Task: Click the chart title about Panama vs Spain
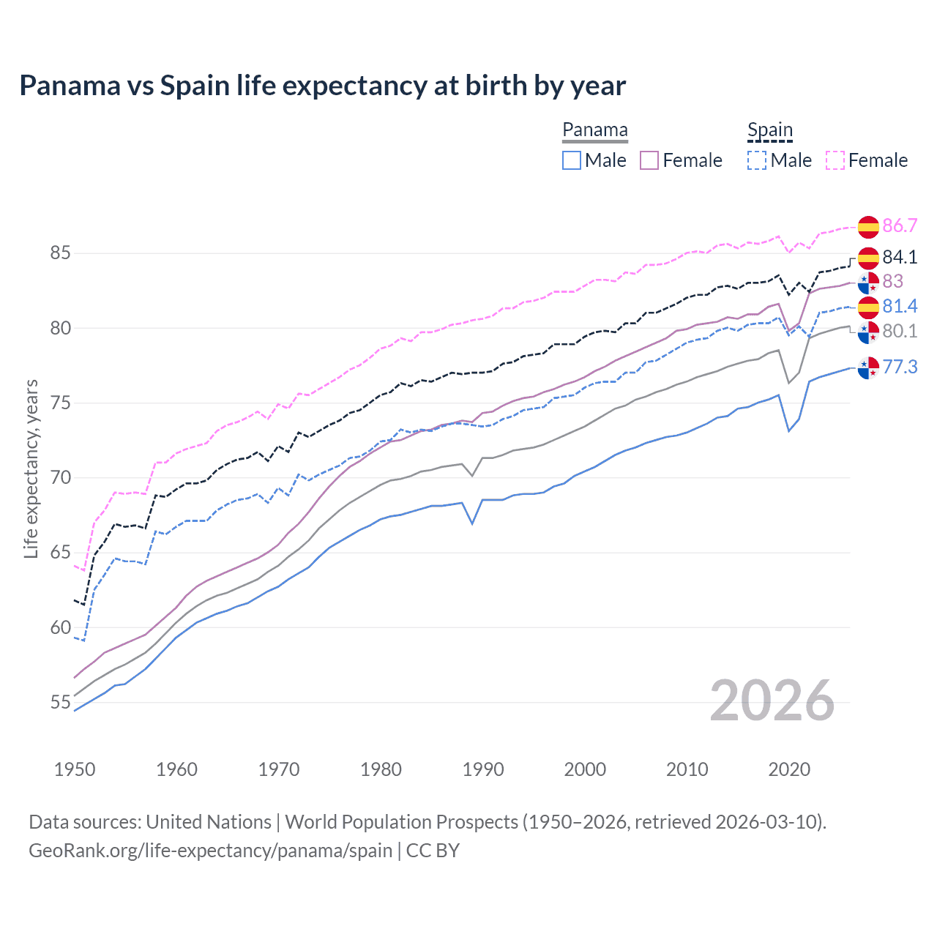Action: pyautogui.click(x=322, y=86)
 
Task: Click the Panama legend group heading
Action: pyautogui.click(x=594, y=130)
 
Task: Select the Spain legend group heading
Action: pyautogui.click(x=769, y=130)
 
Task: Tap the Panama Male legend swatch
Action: pyautogui.click(x=572, y=160)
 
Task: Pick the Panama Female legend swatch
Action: pyautogui.click(x=649, y=160)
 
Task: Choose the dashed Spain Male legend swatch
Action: pyautogui.click(x=757, y=160)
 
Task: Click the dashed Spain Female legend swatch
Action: pyautogui.click(x=835, y=160)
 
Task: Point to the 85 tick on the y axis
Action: pyautogui.click(x=61, y=253)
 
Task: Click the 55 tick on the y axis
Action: pyautogui.click(x=61, y=703)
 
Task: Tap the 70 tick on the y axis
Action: pyautogui.click(x=61, y=478)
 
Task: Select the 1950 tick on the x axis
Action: pyautogui.click(x=75, y=769)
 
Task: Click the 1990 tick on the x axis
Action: pyautogui.click(x=483, y=769)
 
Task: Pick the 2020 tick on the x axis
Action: pyautogui.click(x=789, y=769)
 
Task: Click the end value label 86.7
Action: pyautogui.click(x=900, y=225)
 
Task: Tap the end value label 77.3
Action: pyautogui.click(x=900, y=367)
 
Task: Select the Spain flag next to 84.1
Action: pyautogui.click(x=868, y=258)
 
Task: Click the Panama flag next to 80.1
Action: pyautogui.click(x=868, y=332)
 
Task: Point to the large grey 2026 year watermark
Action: pyautogui.click(x=772, y=701)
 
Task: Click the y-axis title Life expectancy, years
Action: pyautogui.click(x=31, y=468)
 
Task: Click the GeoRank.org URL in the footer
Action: pyautogui.click(x=211, y=851)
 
